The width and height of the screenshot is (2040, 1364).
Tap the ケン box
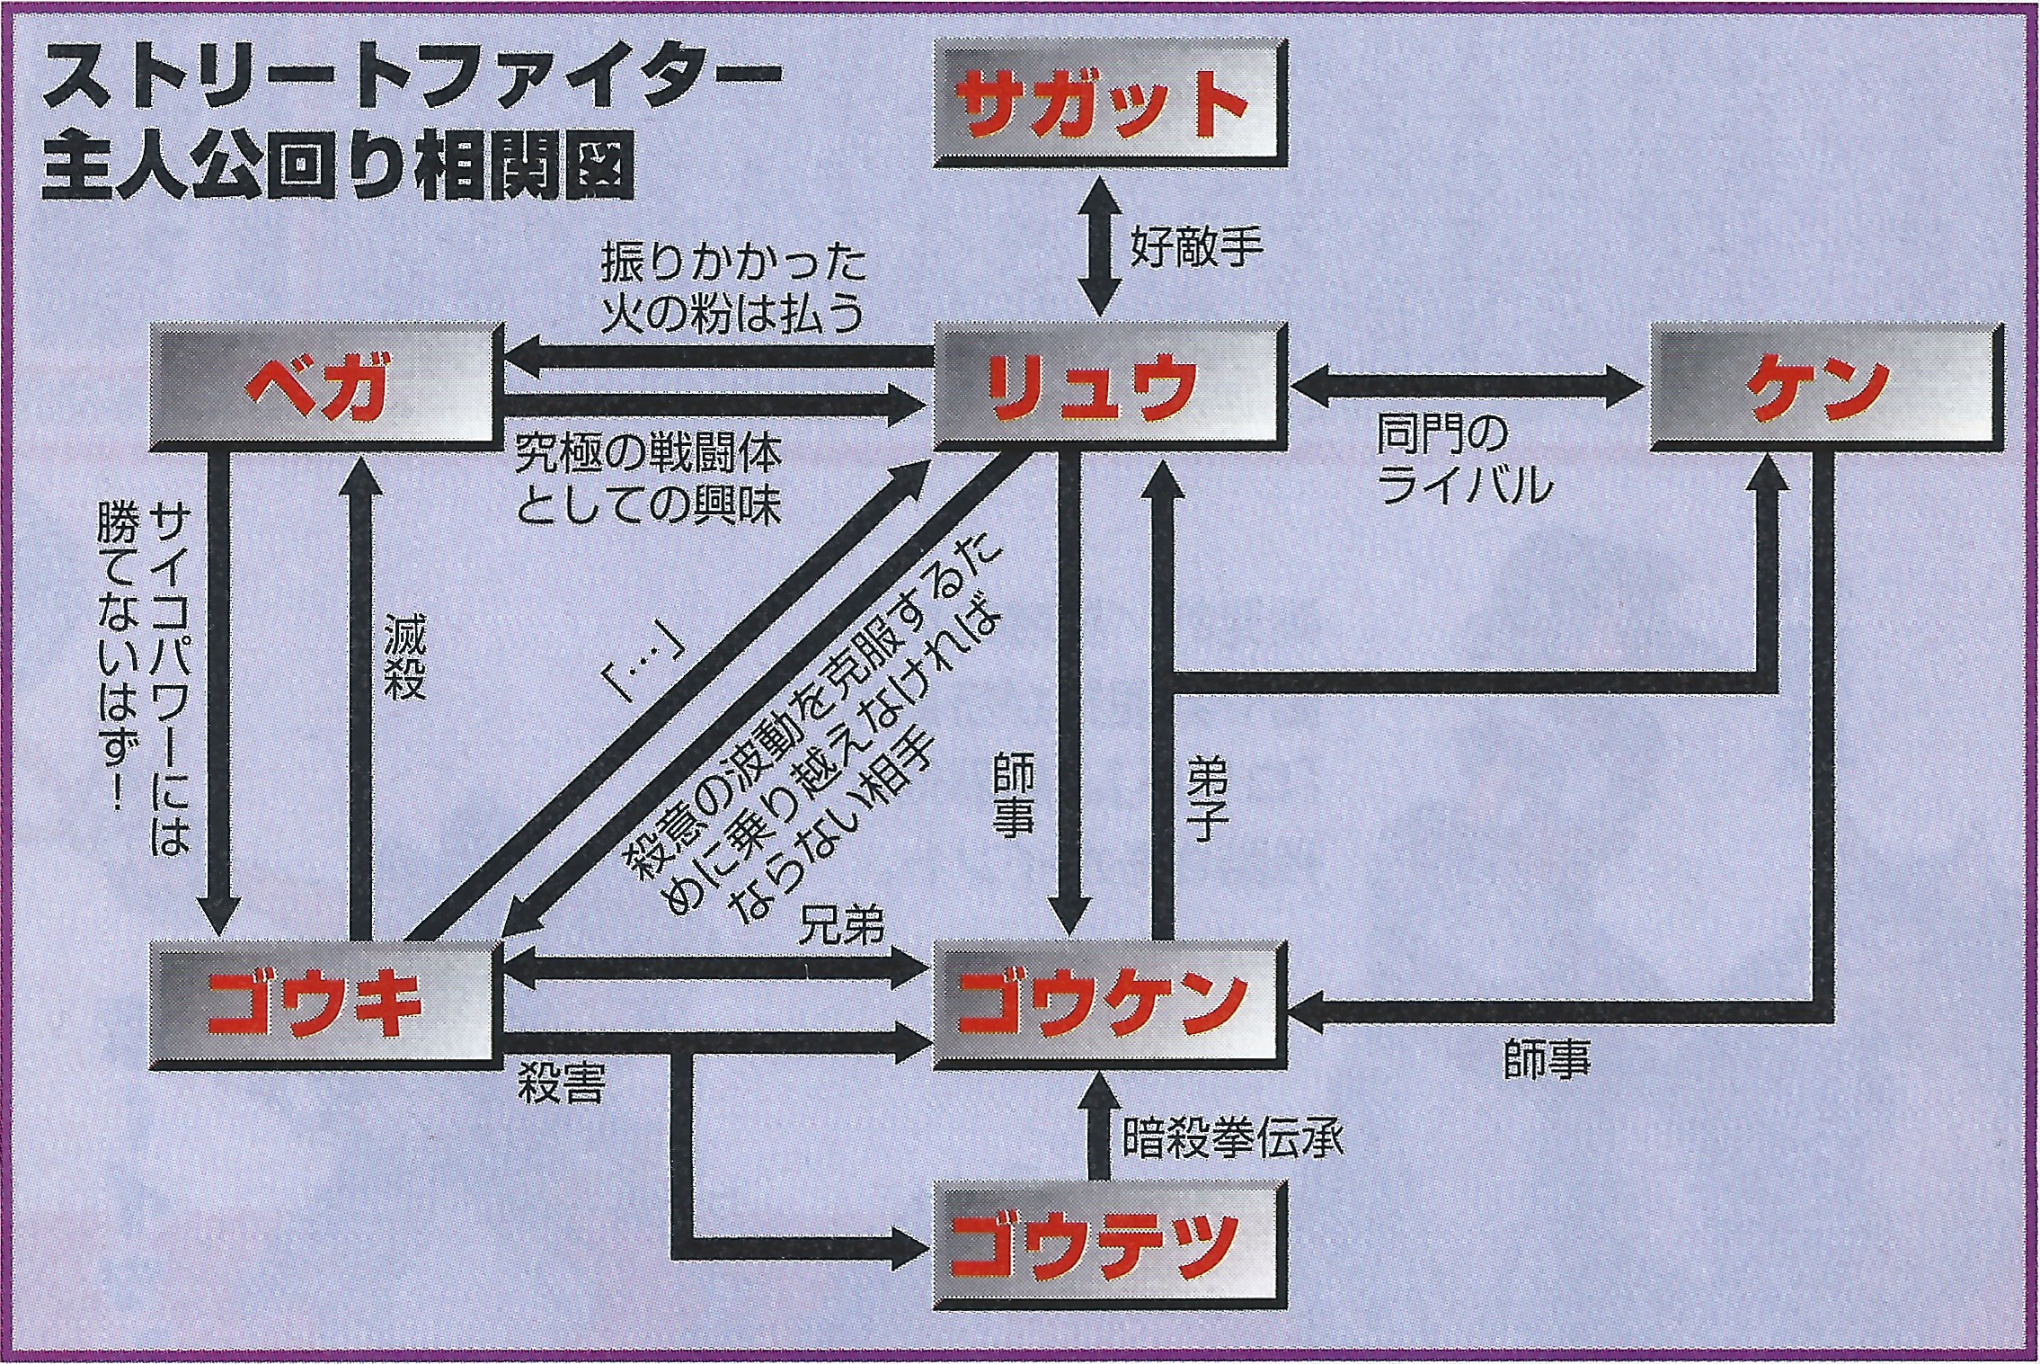click(1828, 387)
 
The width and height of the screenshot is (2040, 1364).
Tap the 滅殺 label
click(405, 657)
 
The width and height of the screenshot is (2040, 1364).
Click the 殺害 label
click(562, 1084)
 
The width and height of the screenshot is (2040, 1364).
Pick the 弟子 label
click(1207, 796)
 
